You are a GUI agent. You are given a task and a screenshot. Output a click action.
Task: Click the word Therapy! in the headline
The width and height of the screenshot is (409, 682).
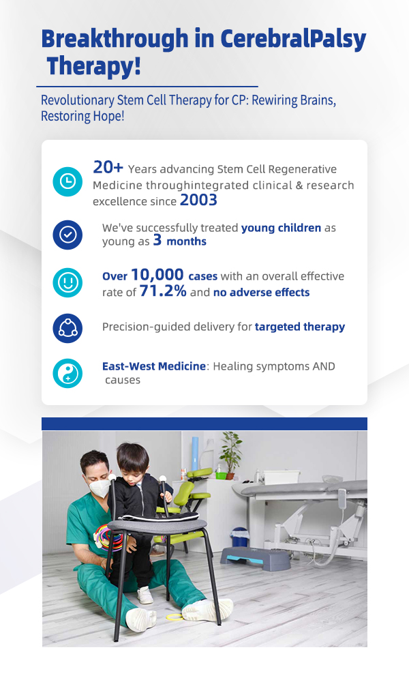94,65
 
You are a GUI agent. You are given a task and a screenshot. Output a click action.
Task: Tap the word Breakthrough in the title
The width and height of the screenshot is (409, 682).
115,38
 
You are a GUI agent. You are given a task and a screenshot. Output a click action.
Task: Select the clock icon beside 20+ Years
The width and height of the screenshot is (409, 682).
67,181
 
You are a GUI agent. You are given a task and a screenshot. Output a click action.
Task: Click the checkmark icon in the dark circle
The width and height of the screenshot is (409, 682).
67,235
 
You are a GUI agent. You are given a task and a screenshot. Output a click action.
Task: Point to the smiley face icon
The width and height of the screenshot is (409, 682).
67,283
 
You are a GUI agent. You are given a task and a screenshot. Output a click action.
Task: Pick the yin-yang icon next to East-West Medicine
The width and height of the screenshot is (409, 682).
67,373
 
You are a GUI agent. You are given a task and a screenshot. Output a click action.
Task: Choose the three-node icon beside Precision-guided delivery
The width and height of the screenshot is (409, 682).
67,328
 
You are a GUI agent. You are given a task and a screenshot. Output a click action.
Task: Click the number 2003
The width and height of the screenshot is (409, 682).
198,200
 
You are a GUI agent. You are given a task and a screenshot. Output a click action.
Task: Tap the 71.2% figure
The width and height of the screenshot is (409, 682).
163,291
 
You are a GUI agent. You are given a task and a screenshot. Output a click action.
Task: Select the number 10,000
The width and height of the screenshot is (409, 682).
157,275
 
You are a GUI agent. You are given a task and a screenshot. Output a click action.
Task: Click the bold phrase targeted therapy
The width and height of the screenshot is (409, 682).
300,327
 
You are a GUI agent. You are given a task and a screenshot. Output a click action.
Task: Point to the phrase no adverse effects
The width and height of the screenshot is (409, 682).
261,293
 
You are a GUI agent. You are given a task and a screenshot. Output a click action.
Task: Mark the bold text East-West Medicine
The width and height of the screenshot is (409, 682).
154,366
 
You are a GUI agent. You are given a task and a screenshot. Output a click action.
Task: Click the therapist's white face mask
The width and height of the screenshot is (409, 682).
100,488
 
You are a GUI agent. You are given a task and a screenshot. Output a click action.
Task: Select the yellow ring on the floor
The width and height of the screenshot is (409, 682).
175,617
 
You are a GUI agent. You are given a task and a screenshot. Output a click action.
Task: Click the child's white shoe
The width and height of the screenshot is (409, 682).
145,595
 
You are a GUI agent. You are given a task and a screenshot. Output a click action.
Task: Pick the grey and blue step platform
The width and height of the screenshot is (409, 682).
255,558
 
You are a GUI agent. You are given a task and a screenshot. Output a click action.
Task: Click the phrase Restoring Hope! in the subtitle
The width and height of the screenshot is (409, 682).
82,117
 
